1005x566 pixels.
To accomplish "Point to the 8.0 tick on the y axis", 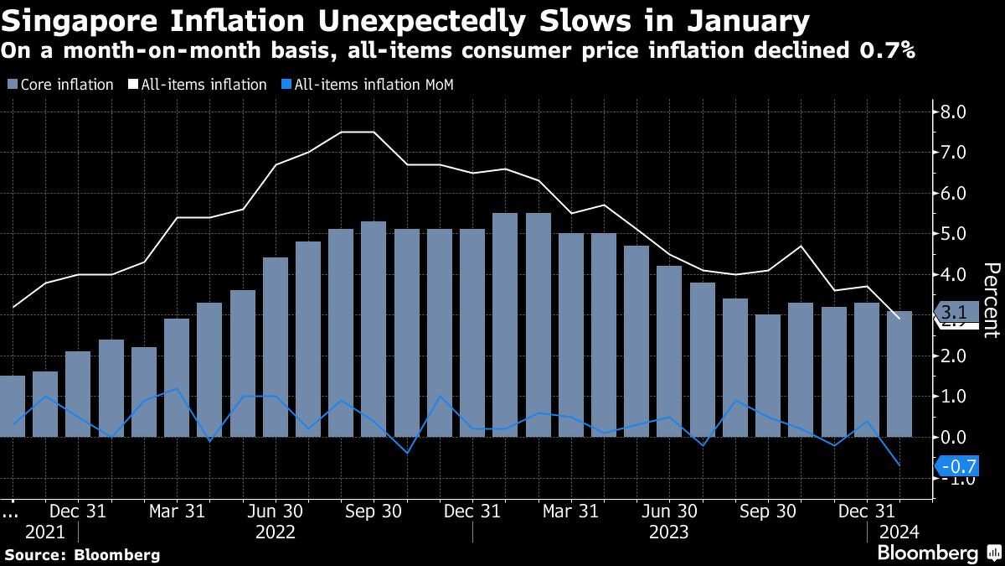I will point(955,112).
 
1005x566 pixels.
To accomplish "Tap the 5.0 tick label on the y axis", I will point(955,233).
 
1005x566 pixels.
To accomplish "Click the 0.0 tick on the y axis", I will point(955,437).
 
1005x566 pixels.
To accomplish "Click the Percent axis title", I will point(991,300).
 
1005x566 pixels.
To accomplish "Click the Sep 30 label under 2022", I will point(374,511).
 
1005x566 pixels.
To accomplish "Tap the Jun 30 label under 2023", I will point(670,511).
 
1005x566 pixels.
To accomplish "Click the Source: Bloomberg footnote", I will point(81,554).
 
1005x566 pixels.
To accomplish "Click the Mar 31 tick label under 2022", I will point(176,511).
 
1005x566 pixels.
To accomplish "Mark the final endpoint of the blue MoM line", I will point(899,465).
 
